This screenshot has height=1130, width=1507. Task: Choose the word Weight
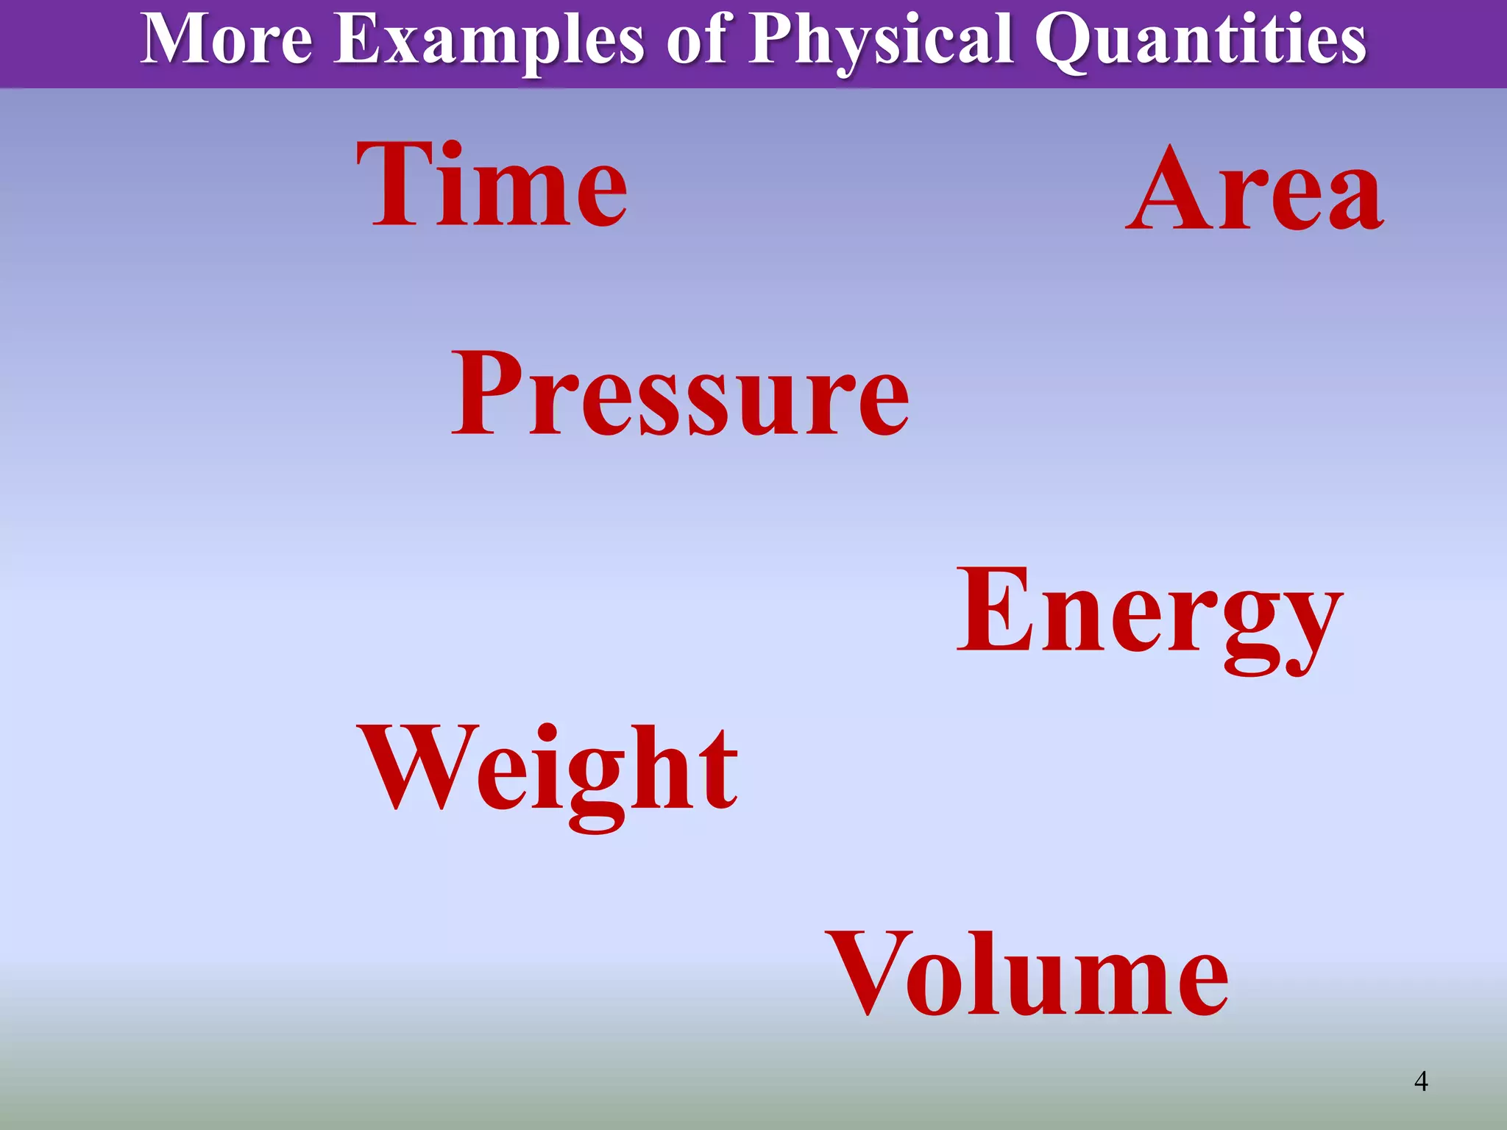point(548,769)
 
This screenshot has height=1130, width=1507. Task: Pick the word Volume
point(1026,975)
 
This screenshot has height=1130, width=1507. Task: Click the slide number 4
point(1421,1081)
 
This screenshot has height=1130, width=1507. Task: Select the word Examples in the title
point(489,40)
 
